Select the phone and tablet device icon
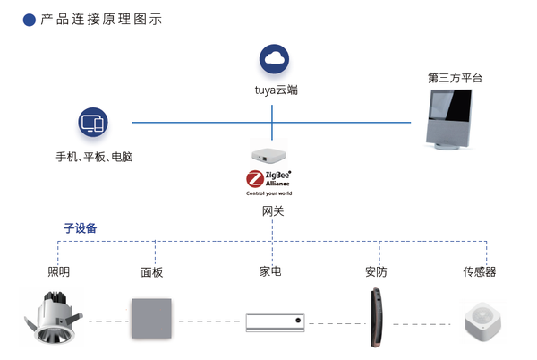93,123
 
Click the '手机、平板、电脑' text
94,157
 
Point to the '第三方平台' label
455,78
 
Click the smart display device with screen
456,122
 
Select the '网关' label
273,211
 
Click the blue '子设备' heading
80,228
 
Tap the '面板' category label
152,272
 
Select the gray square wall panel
152,318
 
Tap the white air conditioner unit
275,321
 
